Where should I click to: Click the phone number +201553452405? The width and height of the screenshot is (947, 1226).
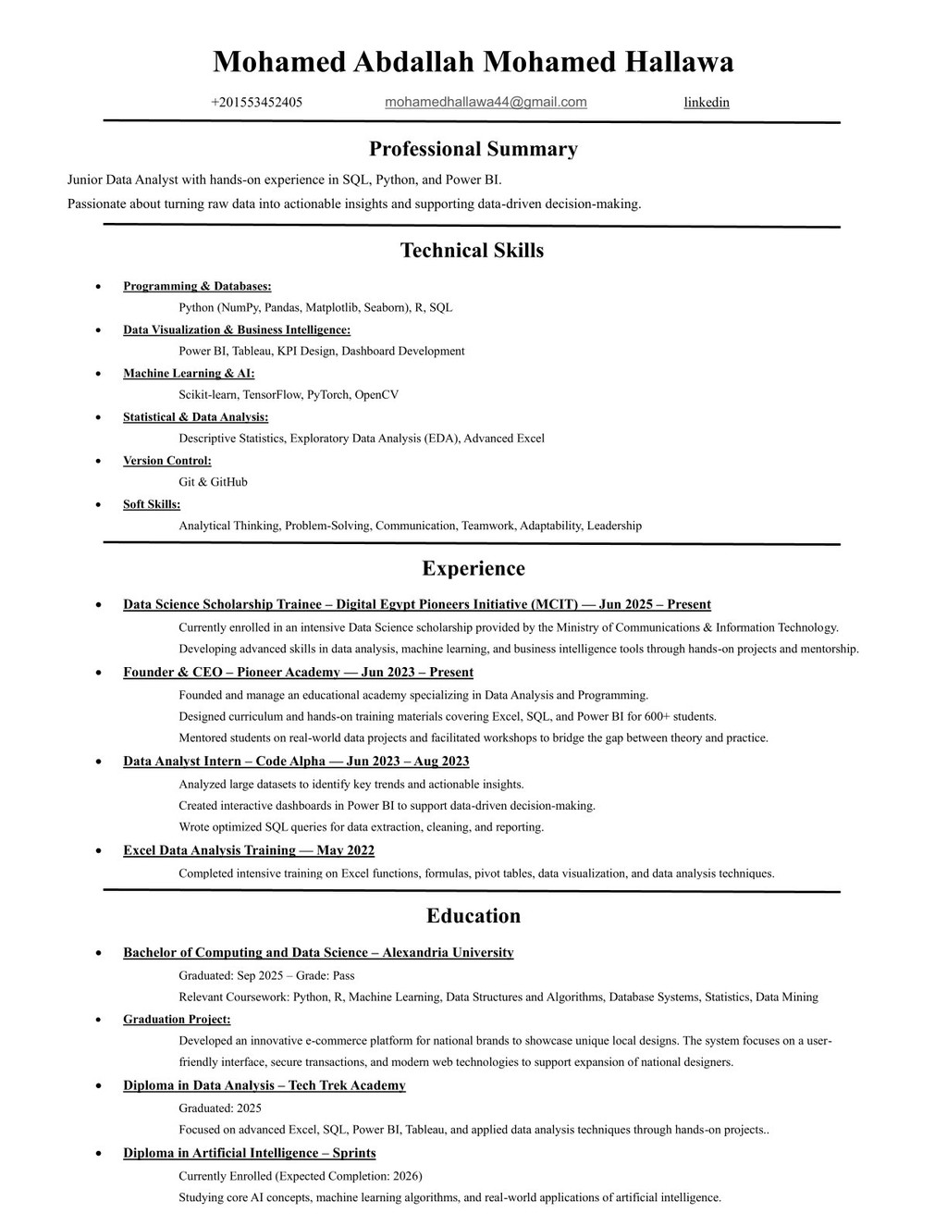click(x=256, y=103)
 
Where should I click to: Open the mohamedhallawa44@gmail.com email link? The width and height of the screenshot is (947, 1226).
click(x=486, y=102)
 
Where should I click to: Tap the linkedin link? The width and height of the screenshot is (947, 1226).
click(x=707, y=103)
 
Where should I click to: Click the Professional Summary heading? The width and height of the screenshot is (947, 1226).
click(x=473, y=149)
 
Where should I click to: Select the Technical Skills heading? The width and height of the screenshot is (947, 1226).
click(x=472, y=251)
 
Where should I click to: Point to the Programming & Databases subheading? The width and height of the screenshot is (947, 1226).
click(x=197, y=287)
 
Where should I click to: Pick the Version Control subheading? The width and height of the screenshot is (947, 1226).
click(x=166, y=461)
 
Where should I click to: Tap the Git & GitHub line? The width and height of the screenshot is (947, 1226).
click(x=213, y=482)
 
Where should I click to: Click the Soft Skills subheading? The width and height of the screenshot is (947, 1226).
click(x=152, y=504)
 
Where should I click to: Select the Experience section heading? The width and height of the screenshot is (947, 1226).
click(x=473, y=569)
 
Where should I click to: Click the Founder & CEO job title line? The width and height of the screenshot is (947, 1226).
click(x=298, y=673)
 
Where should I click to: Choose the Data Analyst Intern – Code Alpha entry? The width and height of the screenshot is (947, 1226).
click(x=296, y=762)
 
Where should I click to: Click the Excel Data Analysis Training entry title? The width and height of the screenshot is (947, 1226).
click(x=248, y=850)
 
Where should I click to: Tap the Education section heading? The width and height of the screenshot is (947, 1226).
click(x=473, y=916)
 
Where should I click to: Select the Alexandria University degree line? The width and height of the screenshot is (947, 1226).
click(x=318, y=953)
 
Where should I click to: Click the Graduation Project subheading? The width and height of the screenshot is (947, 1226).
click(x=177, y=1020)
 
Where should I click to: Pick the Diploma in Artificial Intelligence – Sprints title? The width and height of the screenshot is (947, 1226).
click(x=249, y=1153)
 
